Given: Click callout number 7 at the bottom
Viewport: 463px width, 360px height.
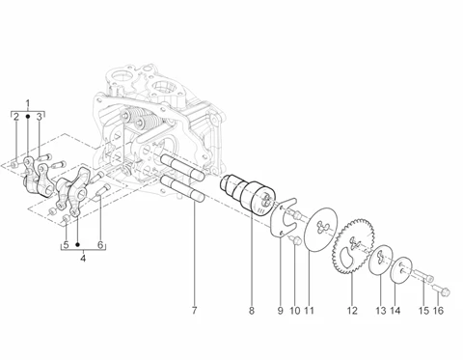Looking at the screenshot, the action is (194, 311).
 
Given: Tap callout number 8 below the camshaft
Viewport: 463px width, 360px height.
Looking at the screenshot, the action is (252, 311).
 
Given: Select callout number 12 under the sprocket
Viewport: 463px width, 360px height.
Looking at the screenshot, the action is (352, 311).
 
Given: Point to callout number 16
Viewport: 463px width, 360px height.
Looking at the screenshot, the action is (438, 311).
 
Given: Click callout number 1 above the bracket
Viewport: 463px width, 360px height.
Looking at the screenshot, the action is (28, 103).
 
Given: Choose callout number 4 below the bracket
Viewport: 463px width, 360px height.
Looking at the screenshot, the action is (83, 259).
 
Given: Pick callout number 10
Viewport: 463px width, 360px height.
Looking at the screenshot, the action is (295, 311).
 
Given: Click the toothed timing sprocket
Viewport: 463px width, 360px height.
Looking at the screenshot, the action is (353, 246).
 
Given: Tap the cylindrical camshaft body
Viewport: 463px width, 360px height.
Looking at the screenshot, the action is (249, 195).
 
